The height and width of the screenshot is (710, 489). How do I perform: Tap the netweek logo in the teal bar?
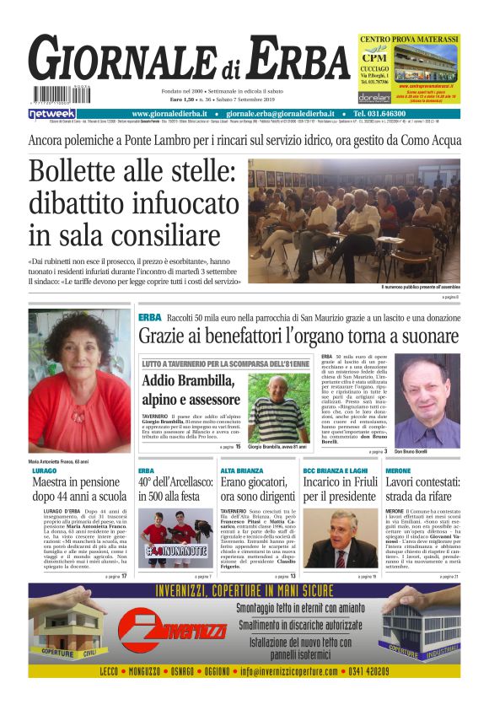point(52,113)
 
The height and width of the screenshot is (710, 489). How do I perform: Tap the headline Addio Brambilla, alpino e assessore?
point(191,390)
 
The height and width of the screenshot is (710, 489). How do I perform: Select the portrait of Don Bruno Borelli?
point(427,403)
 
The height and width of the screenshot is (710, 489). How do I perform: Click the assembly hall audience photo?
point(354,221)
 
